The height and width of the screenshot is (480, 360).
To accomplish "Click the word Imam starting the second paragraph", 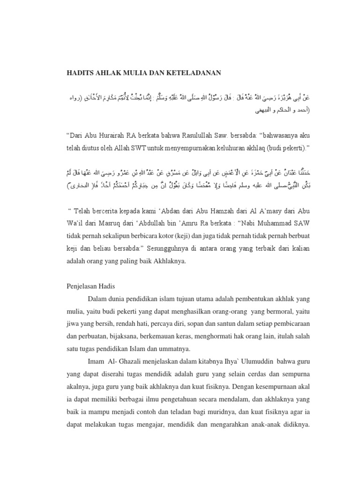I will coord(96,362).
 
